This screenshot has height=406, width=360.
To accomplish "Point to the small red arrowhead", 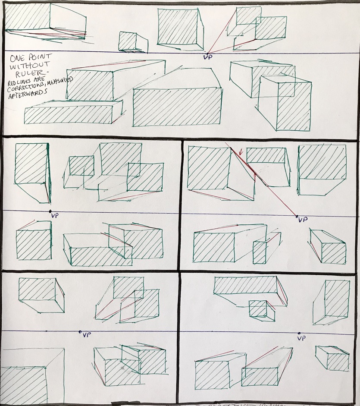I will pos(241,152).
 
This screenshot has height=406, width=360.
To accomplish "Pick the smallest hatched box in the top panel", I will pos(127,41).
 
